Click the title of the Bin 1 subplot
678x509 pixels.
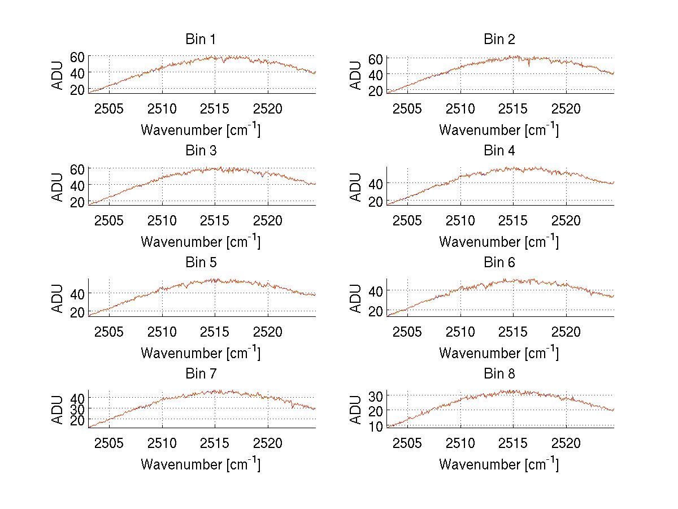click(201, 40)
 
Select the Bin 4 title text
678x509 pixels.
click(499, 151)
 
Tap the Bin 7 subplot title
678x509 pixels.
click(201, 374)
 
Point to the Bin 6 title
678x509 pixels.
click(499, 263)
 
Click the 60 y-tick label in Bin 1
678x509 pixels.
click(77, 56)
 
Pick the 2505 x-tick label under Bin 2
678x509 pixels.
click(407, 109)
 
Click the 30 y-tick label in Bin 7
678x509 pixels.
click(77, 408)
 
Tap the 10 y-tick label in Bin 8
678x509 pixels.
click(376, 427)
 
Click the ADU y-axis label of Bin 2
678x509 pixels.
click(356, 75)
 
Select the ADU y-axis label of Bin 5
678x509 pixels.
click(58, 298)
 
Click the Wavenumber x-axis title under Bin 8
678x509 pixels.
click(499, 464)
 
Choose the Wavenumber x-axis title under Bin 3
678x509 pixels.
click(201, 241)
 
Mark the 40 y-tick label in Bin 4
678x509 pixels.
click(376, 184)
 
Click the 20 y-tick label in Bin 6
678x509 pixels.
click(376, 311)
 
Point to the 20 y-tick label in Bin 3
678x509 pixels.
click(77, 202)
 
